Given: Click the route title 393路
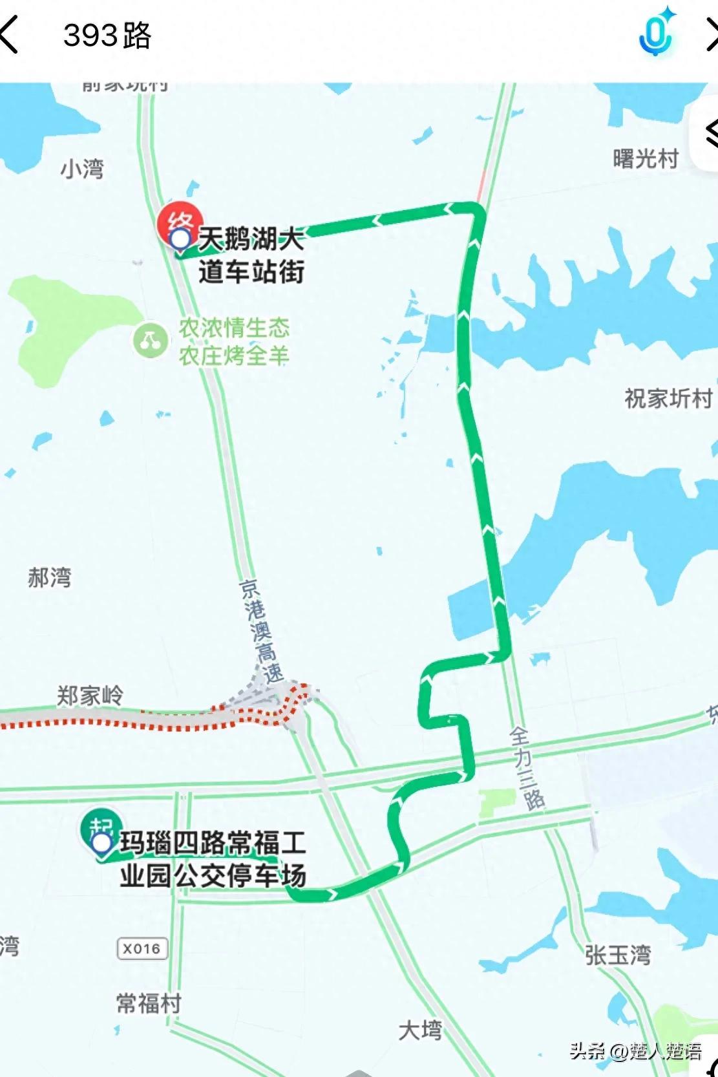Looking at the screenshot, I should click(107, 36).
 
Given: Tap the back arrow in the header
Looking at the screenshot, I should click(9, 36).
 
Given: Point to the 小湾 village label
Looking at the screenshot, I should click(82, 169).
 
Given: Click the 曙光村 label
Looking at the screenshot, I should click(646, 158).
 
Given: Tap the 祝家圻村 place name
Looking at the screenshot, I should click(668, 398).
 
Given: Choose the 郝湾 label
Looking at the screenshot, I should click(50, 577).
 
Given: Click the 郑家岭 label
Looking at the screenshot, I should click(90, 696).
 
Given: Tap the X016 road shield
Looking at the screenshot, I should click(142, 949).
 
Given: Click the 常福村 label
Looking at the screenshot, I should click(149, 1003).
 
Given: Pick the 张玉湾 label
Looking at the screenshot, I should click(618, 955).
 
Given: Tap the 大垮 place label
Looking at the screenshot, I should click(420, 1030).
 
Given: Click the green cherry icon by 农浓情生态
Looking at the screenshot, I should click(151, 340).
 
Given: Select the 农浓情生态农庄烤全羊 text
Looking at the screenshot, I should click(234, 341).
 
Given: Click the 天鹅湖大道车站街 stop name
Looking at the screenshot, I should click(251, 255).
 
